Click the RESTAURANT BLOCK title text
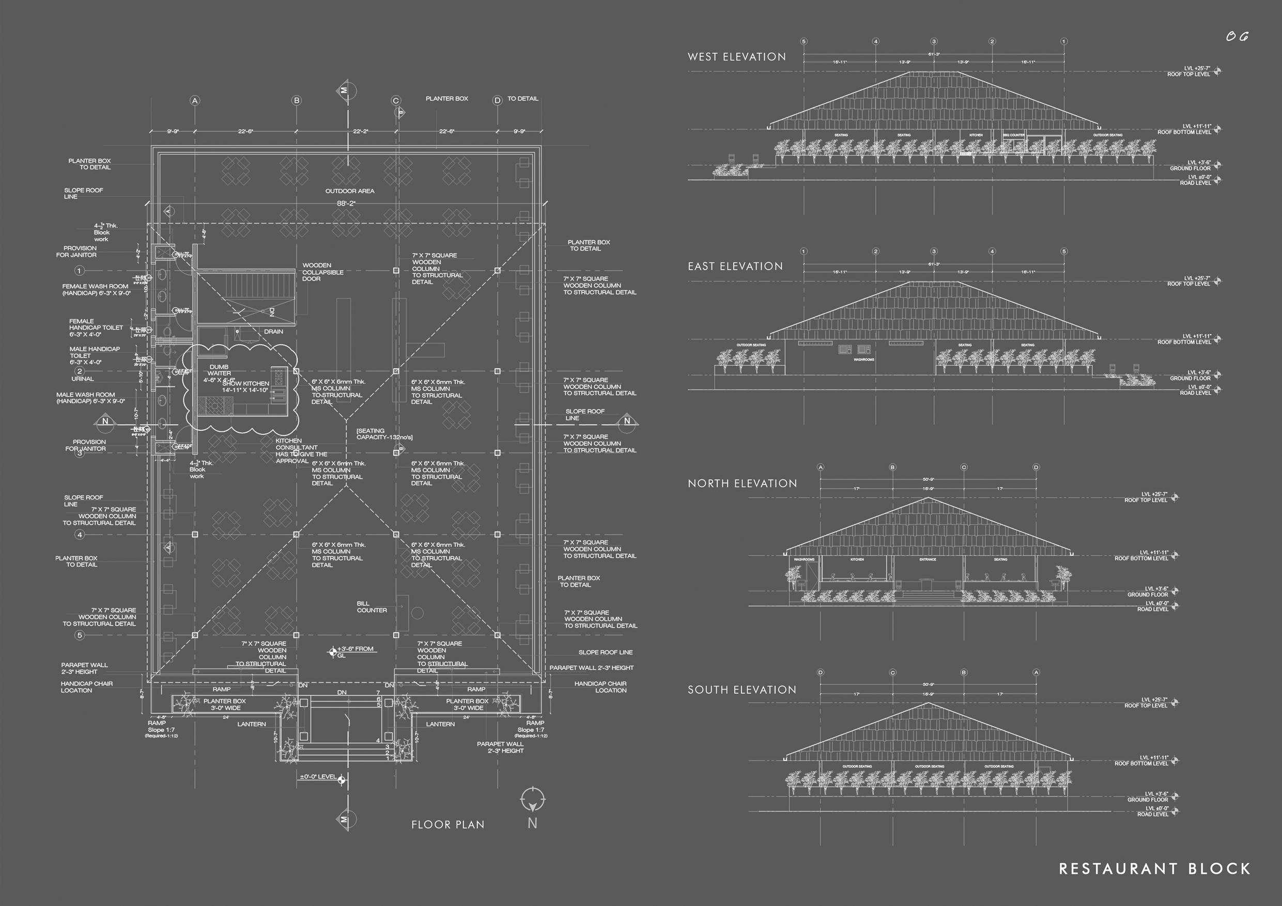pyautogui.click(x=1154, y=869)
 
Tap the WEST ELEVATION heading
pyautogui.click(x=736, y=57)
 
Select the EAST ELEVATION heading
pyautogui.click(x=735, y=267)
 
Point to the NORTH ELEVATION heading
pyautogui.click(x=742, y=483)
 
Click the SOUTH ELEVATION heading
pyautogui.click(x=742, y=690)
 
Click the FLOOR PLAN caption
pyautogui.click(x=447, y=824)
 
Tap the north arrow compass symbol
pyautogui.click(x=533, y=801)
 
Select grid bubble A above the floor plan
pyautogui.click(x=195, y=101)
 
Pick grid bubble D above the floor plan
pyautogui.click(x=497, y=101)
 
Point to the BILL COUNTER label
pyautogui.click(x=372, y=607)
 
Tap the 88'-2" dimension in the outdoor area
pyautogui.click(x=346, y=204)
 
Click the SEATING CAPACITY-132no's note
pyautogui.click(x=384, y=434)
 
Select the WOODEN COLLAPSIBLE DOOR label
pyautogui.click(x=323, y=272)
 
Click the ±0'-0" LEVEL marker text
pyautogui.click(x=318, y=776)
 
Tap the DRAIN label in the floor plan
pyautogui.click(x=273, y=332)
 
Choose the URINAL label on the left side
pyautogui.click(x=83, y=379)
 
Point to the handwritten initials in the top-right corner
pyautogui.click(x=1236, y=37)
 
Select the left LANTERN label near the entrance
pyautogui.click(x=251, y=724)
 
